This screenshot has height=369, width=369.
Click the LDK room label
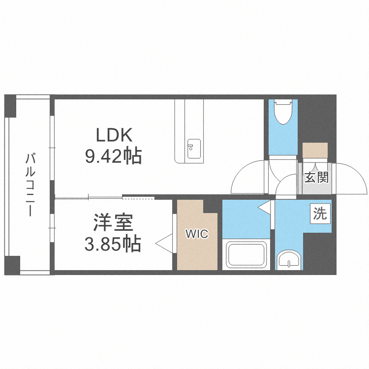(114, 135)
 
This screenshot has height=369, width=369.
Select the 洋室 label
(114, 222)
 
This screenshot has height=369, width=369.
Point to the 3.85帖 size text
(113, 244)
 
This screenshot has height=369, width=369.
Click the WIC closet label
(197, 234)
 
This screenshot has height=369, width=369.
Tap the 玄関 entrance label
(316, 178)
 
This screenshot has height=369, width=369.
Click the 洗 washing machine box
(320, 214)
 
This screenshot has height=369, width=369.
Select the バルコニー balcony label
(31, 184)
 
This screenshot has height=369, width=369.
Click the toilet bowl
(283, 112)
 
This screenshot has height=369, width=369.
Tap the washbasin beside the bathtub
(288, 260)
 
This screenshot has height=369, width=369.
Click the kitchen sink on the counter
(194, 149)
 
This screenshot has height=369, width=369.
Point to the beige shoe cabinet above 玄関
(315, 151)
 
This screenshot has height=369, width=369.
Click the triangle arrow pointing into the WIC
(164, 244)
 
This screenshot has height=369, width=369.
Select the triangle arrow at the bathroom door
(264, 207)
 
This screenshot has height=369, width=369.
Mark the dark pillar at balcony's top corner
(10, 106)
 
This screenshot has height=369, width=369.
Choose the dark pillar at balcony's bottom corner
(12, 265)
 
